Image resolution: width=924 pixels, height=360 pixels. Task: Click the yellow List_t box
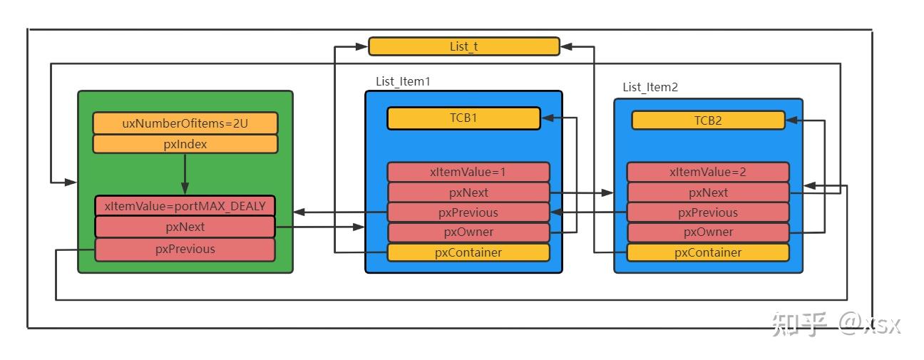(x=464, y=46)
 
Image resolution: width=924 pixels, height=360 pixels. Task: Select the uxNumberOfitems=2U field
(x=185, y=123)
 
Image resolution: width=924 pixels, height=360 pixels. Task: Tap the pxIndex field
(x=185, y=144)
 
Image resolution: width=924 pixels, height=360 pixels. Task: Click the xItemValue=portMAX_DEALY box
(x=185, y=206)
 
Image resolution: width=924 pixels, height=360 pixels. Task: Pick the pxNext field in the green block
(x=185, y=227)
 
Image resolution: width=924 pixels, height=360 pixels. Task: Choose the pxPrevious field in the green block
(x=185, y=249)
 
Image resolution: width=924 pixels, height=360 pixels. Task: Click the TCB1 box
(x=463, y=118)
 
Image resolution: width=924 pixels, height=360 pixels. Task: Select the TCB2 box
(x=708, y=120)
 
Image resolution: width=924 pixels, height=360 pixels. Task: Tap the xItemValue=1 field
(x=468, y=172)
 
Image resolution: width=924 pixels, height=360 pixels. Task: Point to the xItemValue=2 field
(x=708, y=172)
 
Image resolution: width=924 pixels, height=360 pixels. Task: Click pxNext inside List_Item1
(x=468, y=192)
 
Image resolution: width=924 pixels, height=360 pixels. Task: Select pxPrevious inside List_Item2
(x=708, y=212)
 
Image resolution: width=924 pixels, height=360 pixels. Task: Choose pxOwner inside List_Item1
(x=468, y=232)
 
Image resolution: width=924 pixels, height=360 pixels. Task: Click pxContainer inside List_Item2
(x=708, y=252)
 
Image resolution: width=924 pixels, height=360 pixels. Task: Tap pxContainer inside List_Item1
(x=468, y=252)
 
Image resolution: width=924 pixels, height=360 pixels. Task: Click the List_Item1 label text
(x=403, y=82)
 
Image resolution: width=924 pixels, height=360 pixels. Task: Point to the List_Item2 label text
(x=650, y=87)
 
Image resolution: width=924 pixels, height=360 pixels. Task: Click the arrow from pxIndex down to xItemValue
(x=185, y=174)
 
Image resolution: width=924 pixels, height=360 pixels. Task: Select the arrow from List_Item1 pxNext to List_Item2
(x=582, y=192)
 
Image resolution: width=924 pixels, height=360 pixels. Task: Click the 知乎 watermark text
(x=799, y=324)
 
